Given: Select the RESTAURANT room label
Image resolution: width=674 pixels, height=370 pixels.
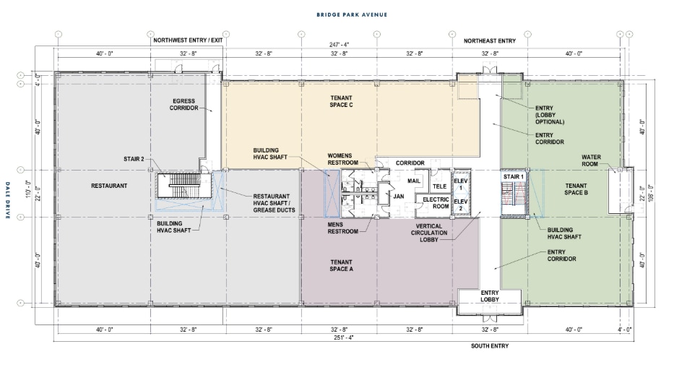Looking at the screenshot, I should tap(109, 186).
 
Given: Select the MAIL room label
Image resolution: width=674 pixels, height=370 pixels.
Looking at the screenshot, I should tap(414, 181).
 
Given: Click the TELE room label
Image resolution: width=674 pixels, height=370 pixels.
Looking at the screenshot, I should tap(438, 184).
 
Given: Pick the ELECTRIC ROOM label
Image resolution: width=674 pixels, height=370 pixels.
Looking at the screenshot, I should tap(436, 202).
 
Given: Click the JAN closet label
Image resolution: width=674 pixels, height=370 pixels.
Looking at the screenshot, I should tap(397, 195).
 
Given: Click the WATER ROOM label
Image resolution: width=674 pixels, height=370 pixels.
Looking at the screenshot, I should tap(592, 160).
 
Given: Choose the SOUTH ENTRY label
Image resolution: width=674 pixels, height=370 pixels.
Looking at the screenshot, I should tap(489, 346).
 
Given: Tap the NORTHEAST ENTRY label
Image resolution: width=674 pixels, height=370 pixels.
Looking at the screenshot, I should tap(491, 41).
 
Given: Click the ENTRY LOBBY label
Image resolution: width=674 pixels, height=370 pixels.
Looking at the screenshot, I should tap(491, 296).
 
